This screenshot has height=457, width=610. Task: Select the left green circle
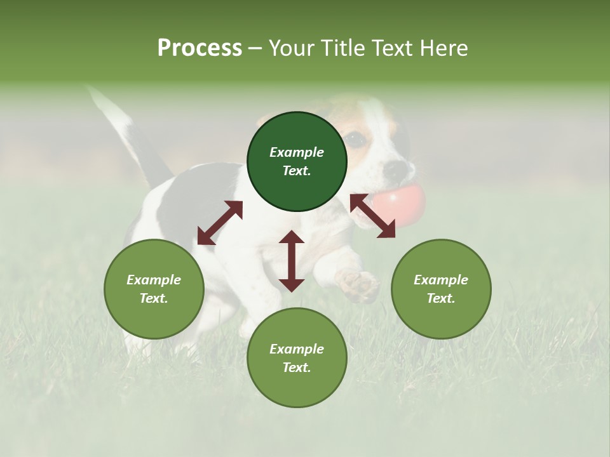pyautogui.click(x=154, y=288)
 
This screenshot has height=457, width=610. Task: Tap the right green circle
pyautogui.click(x=441, y=288)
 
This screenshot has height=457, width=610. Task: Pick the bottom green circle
pyautogui.click(x=297, y=357)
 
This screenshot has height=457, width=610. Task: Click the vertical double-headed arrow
pyautogui.click(x=292, y=261)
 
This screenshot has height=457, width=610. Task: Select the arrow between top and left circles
pyautogui.click(x=220, y=223)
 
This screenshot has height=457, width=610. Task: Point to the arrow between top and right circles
pyautogui.click(x=372, y=216)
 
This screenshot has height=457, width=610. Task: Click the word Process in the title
pyautogui.click(x=200, y=48)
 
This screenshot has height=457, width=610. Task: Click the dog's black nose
pyautogui.click(x=396, y=169)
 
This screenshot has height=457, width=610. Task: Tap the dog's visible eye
pyautogui.click(x=356, y=138)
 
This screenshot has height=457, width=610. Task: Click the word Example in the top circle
pyautogui.click(x=297, y=152)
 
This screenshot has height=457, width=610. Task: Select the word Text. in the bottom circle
pyautogui.click(x=297, y=368)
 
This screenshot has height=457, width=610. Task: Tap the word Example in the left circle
pyautogui.click(x=154, y=280)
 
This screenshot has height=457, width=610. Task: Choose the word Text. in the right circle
pyautogui.click(x=441, y=298)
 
